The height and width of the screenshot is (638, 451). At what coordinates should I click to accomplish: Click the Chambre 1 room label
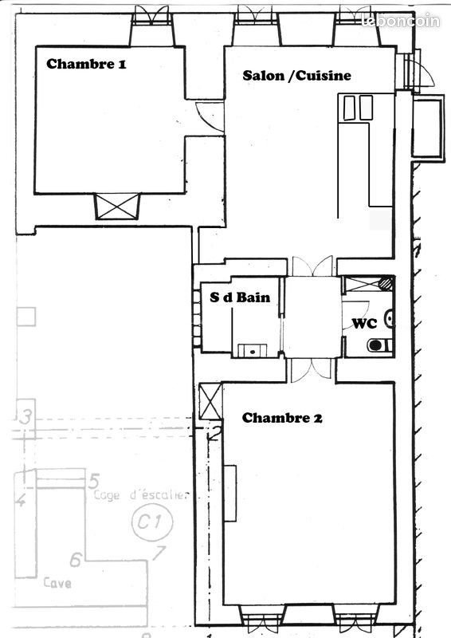click(x=86, y=64)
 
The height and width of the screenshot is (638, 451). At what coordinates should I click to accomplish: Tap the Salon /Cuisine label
click(x=296, y=75)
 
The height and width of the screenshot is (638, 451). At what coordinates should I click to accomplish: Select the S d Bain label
click(x=240, y=297)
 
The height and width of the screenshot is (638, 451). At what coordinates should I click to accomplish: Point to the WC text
click(x=364, y=324)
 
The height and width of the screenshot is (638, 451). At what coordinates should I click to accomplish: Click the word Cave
click(x=58, y=583)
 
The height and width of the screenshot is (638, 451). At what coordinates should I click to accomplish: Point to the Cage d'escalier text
click(x=140, y=495)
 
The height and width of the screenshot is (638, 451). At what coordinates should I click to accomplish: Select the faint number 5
click(x=93, y=481)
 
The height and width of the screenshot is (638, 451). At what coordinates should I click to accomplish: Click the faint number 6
click(x=76, y=559)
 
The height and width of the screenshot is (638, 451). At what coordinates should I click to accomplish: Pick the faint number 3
click(x=26, y=417)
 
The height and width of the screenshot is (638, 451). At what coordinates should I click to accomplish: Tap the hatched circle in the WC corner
click(x=385, y=282)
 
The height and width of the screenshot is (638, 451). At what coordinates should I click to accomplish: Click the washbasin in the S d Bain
click(x=253, y=349)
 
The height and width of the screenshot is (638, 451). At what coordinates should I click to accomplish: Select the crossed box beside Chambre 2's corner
click(x=210, y=400)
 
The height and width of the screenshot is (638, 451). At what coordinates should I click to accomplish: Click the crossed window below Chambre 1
click(x=118, y=207)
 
